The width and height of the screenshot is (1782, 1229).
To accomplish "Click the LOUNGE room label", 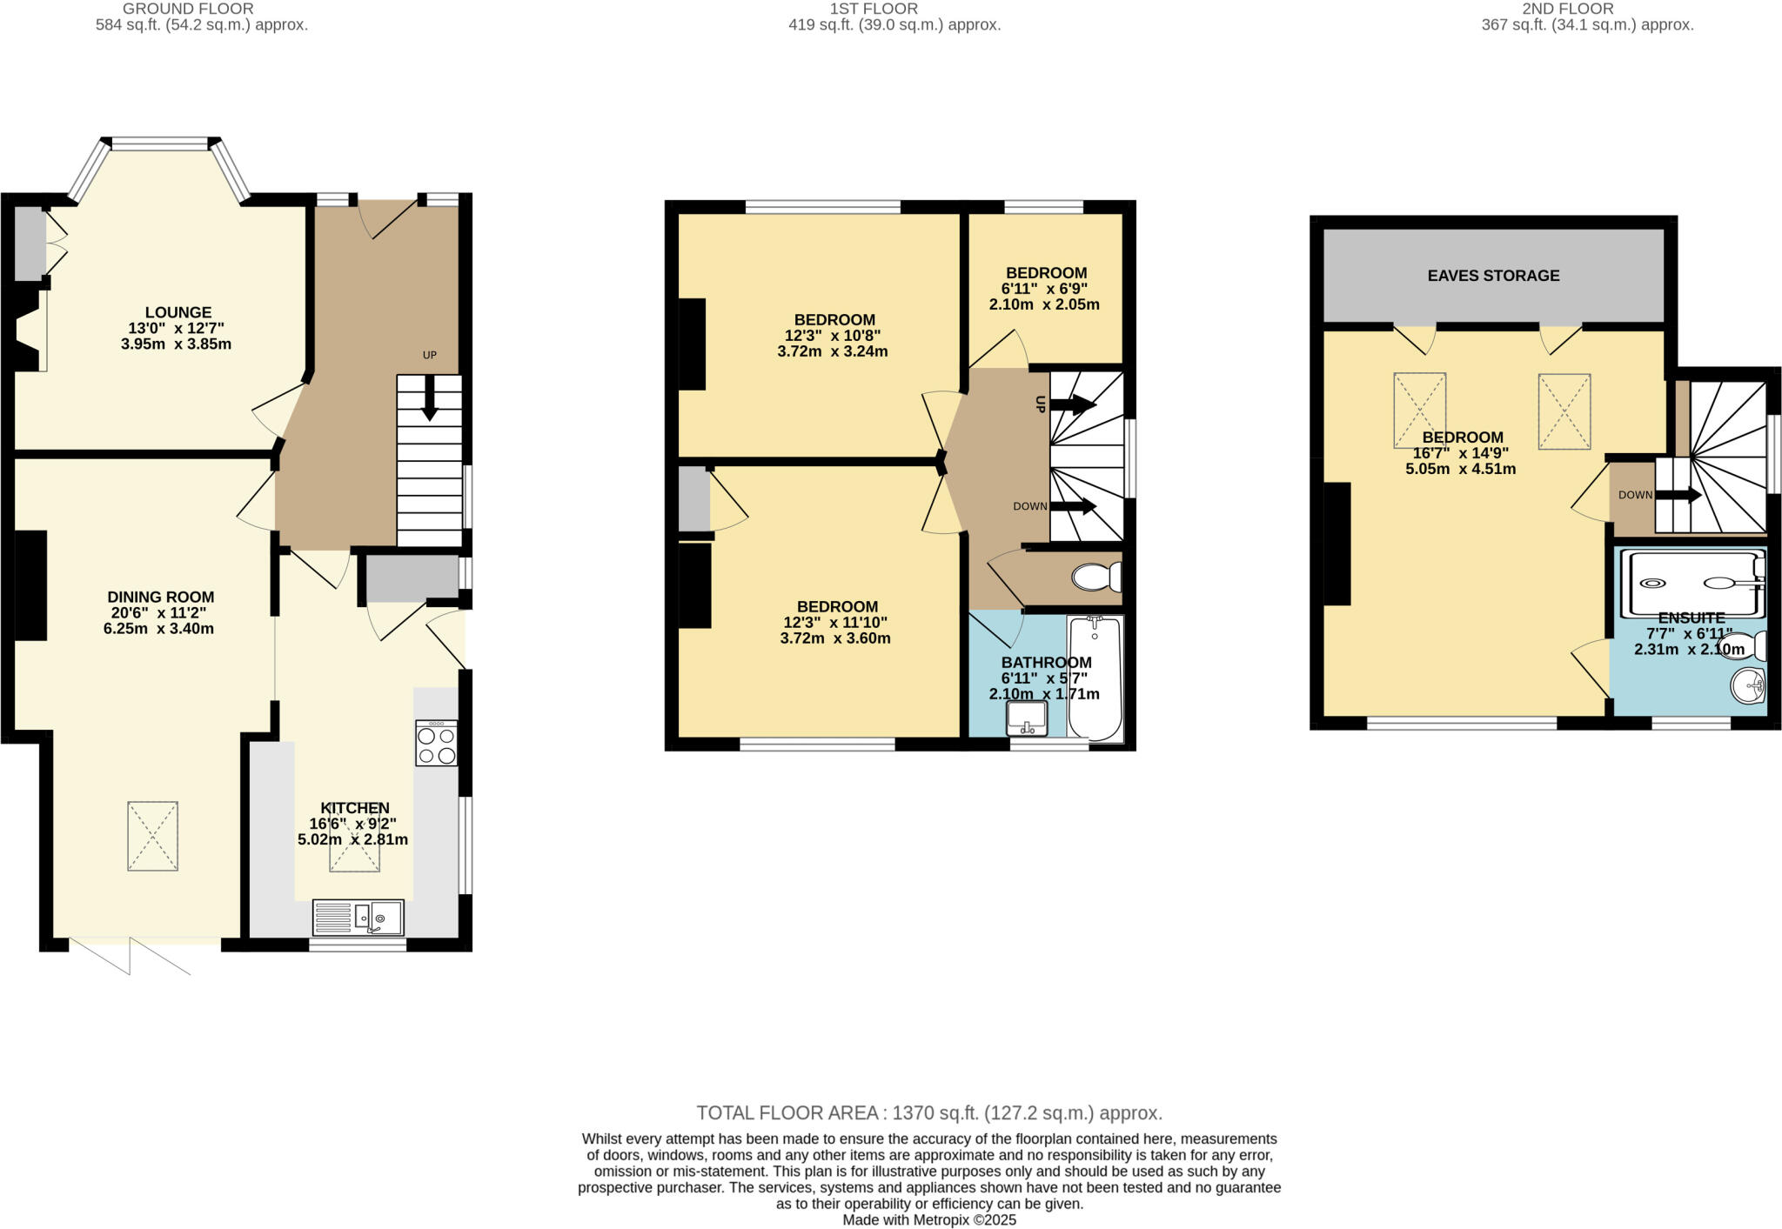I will [178, 312].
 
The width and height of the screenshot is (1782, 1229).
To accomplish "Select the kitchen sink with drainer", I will [358, 917].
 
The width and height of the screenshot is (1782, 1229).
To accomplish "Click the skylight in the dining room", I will [153, 836].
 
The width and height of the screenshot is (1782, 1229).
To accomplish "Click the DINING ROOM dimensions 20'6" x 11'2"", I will [160, 613].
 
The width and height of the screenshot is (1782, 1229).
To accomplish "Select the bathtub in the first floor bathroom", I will [1095, 678].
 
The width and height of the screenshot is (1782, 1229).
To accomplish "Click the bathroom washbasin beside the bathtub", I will [1027, 718].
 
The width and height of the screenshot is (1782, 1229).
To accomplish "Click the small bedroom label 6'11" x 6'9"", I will [1044, 289].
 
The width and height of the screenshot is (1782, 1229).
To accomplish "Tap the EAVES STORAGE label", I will [1493, 276].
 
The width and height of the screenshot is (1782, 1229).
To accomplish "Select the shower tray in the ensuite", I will [1692, 584].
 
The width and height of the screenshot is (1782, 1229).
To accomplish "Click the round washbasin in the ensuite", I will [1748, 685].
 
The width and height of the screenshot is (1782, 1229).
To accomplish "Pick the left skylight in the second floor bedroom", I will [1419, 411].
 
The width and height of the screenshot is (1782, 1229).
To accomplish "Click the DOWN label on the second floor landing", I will [1635, 495].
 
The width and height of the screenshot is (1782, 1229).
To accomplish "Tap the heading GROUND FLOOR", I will [188, 9].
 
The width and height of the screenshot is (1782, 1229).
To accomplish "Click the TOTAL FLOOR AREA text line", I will [928, 1112].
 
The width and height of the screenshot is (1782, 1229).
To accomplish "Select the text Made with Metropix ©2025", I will [928, 1219].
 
